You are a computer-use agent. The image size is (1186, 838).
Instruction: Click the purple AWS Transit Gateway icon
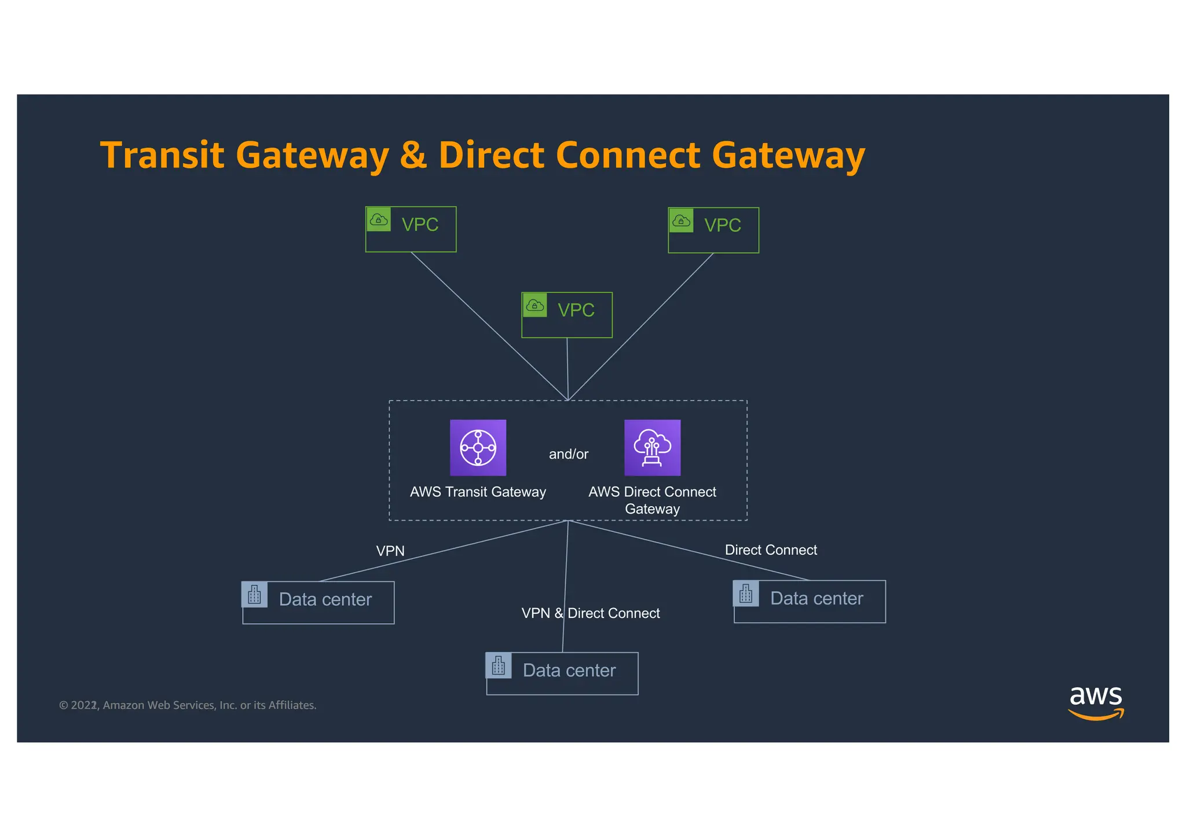coord(478,447)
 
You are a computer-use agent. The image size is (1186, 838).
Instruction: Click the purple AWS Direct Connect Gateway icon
coord(652,447)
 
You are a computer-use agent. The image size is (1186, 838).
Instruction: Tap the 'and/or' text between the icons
coord(568,454)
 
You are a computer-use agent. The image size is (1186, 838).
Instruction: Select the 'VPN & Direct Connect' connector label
coord(590,613)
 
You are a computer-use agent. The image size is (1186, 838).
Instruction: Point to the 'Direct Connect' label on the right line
coord(770,550)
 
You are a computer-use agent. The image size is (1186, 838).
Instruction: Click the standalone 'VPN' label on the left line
coord(390,551)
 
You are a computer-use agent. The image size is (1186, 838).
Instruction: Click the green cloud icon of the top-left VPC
coord(379,219)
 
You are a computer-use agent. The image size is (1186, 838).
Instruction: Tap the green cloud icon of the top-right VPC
coord(681,221)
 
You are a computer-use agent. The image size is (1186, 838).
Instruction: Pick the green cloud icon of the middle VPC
coord(535,305)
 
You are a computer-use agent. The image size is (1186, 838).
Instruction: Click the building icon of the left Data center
coord(254,594)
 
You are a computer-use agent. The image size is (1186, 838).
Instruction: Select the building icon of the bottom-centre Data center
coord(499,665)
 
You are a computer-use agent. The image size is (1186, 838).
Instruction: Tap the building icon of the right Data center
coord(746,594)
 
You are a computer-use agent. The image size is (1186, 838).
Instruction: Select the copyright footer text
coord(188,705)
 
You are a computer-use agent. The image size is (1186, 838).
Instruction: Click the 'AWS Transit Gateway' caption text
coord(478,492)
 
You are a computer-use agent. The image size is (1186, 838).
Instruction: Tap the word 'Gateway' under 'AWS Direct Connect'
coord(652,509)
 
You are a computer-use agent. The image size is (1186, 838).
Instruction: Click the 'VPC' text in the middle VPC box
coord(576,310)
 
